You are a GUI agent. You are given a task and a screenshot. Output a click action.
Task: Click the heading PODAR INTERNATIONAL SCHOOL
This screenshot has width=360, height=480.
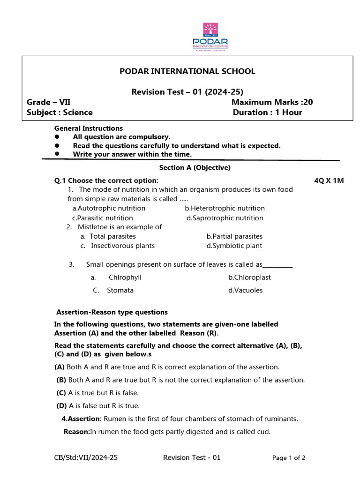(x=187, y=71)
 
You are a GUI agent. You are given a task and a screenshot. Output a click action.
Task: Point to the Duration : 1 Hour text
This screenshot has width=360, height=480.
(x=268, y=112)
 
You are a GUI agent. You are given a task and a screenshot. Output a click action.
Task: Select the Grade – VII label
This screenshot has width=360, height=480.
(x=49, y=102)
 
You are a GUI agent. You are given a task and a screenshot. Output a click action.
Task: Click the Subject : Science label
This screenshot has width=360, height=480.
(x=60, y=112)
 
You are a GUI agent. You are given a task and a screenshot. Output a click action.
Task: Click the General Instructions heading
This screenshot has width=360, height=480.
(x=89, y=128)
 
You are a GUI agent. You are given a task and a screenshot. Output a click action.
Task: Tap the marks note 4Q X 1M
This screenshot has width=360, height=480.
(x=329, y=180)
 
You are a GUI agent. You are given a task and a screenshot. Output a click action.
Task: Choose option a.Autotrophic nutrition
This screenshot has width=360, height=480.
(x=109, y=208)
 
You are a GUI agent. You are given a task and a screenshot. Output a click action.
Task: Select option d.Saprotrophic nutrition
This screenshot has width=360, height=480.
(x=225, y=218)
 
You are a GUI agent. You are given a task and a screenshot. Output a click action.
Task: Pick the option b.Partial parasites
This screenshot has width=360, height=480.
(x=234, y=236)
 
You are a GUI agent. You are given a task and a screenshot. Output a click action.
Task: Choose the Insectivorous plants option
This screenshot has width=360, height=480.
(x=122, y=246)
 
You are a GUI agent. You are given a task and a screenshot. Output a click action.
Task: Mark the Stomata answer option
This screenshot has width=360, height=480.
(x=120, y=290)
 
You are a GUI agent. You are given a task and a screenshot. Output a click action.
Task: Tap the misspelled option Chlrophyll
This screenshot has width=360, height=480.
(x=125, y=277)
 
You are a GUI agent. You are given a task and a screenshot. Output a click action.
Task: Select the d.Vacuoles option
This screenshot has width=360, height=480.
(x=245, y=290)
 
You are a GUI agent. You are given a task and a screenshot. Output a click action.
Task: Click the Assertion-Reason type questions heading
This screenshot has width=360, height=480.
(x=112, y=312)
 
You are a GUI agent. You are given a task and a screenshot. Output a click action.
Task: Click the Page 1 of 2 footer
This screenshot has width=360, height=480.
(x=289, y=458)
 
